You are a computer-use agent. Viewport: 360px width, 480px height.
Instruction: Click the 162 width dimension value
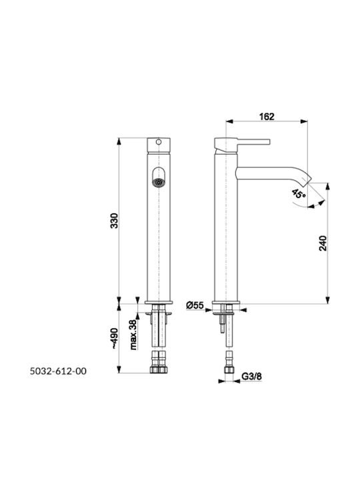click(267, 117)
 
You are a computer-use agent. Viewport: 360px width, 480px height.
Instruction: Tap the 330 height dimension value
click(114, 221)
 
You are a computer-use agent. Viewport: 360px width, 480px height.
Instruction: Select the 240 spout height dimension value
click(323, 243)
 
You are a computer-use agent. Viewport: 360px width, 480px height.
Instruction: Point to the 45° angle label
click(299, 194)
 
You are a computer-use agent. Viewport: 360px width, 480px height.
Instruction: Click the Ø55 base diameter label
click(195, 305)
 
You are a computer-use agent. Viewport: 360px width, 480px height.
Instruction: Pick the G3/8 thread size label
click(252, 376)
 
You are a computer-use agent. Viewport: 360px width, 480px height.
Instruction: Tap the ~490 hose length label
click(114, 339)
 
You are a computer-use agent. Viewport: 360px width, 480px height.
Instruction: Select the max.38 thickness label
click(133, 335)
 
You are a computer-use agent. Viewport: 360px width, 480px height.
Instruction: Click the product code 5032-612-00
click(58, 371)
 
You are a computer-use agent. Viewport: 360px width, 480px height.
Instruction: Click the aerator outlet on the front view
click(158, 183)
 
